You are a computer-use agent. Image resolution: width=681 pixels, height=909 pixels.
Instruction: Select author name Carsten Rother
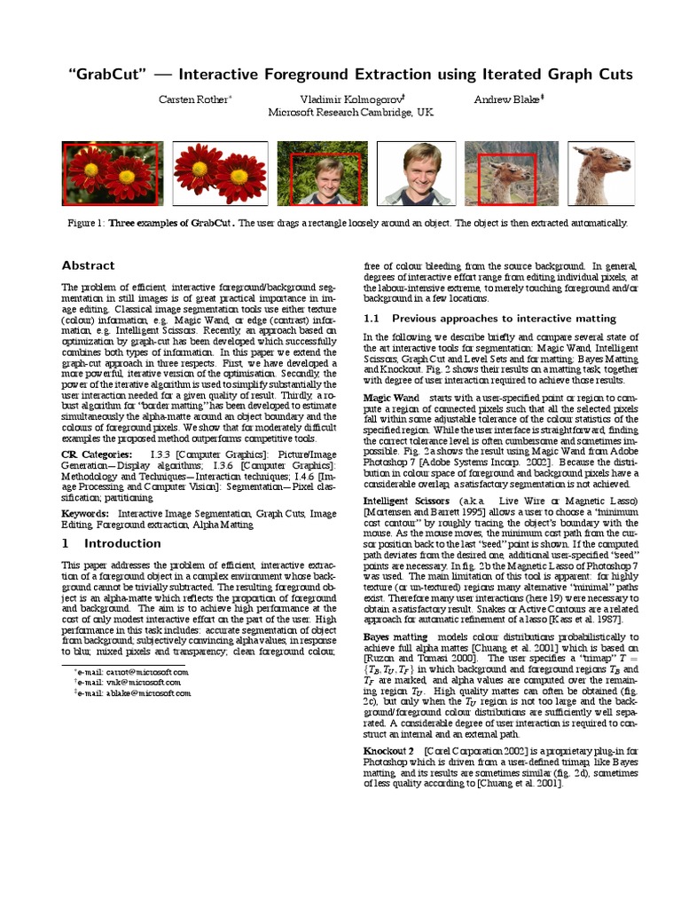pos(193,99)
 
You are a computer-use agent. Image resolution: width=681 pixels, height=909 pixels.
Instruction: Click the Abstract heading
pos(88,265)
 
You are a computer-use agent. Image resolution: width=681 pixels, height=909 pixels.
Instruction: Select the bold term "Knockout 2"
pos(389,751)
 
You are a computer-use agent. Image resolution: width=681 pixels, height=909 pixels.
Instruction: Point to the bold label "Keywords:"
pos(85,513)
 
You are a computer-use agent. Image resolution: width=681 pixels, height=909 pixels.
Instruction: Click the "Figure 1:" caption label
pos(86,223)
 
